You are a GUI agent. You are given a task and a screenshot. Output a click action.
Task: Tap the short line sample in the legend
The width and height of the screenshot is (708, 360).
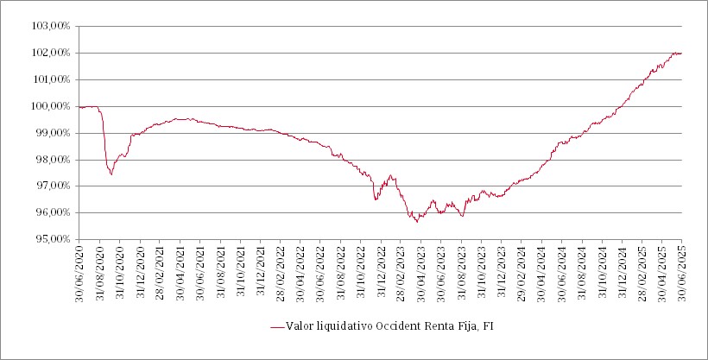coord(277,326)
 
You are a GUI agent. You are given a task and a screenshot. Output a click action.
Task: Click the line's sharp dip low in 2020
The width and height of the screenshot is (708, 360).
coord(111,174)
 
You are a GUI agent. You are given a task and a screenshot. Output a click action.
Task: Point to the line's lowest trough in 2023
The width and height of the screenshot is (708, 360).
coord(417,222)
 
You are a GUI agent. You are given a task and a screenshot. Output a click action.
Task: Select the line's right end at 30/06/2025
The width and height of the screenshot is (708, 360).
coord(682,54)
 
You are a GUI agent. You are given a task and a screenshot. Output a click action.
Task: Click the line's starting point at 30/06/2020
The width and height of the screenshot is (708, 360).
coord(79,107)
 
